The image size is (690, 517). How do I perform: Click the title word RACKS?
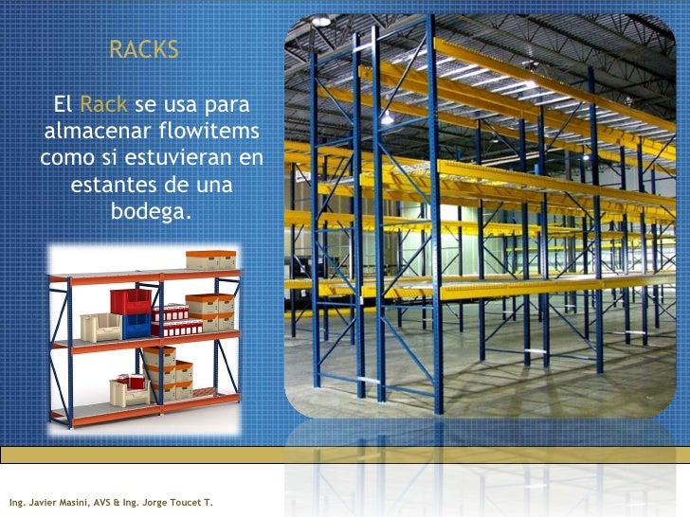(x=143, y=50)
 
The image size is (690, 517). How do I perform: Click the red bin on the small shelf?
(x=130, y=300)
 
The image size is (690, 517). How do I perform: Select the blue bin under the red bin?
(x=136, y=325)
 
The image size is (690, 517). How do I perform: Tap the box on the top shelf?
(x=210, y=259)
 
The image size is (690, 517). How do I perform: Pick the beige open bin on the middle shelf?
(x=100, y=328)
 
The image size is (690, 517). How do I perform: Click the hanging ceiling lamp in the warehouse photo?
(x=387, y=117)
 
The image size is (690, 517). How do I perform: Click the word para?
(x=233, y=102)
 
